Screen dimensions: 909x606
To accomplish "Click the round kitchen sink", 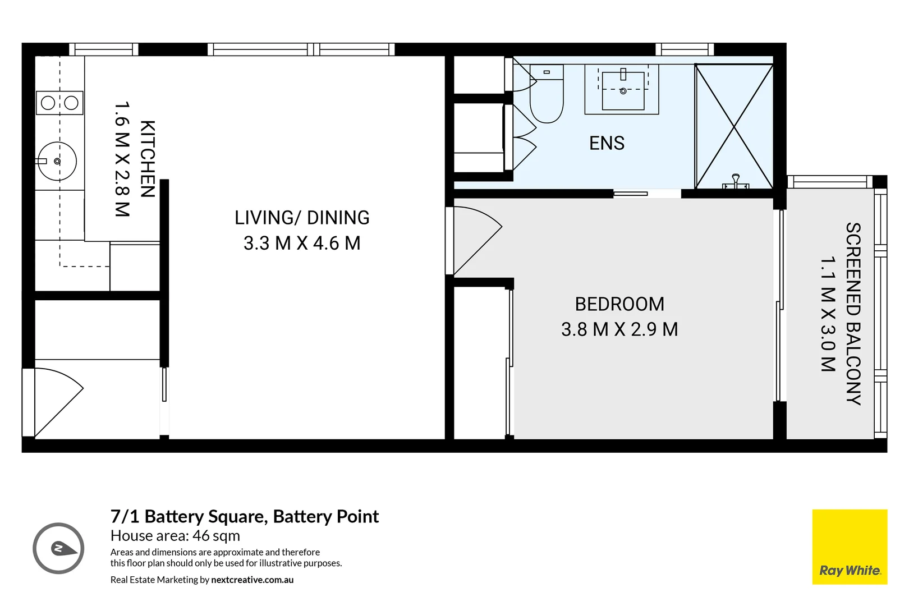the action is (57, 161).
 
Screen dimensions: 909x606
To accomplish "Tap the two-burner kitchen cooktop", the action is (59, 103).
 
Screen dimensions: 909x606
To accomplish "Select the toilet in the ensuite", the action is (546, 94).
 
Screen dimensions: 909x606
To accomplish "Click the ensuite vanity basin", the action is (623, 90).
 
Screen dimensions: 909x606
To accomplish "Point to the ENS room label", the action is (607, 143).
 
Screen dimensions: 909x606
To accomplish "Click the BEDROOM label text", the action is (619, 305).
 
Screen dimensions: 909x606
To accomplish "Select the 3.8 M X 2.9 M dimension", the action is (619, 329).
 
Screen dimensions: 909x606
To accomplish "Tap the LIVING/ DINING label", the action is (302, 218).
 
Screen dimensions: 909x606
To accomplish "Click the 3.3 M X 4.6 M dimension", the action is (302, 244).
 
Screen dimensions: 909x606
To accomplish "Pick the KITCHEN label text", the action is (148, 159).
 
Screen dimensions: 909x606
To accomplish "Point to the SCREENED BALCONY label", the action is (853, 314).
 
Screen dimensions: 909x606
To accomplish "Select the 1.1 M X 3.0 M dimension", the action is (828, 314).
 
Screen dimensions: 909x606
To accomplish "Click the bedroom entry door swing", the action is (477, 240).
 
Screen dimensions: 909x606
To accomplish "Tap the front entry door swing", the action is (58, 402).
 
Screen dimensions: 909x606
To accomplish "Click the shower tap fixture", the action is (735, 182).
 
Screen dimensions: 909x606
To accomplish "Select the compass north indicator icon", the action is (58, 548).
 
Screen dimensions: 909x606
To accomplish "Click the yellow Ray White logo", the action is (850, 547).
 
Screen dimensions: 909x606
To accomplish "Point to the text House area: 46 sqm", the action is (175, 536).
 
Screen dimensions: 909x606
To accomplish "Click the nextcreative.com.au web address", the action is (252, 580).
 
